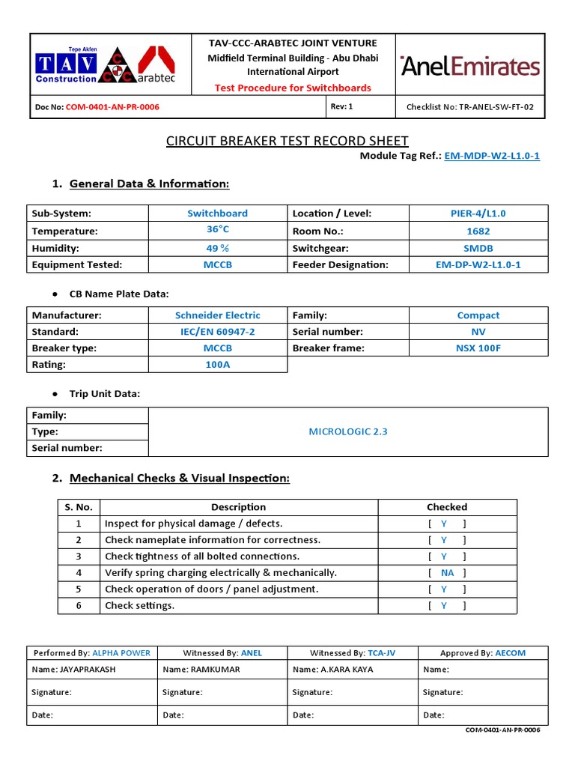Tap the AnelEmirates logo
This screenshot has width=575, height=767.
470,66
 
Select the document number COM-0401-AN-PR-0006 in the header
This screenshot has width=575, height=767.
112,107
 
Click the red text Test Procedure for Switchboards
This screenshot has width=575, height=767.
293,88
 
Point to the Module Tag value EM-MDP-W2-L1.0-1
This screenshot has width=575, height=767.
492,156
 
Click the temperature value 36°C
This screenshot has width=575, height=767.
218,230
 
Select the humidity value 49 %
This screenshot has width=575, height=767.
218,248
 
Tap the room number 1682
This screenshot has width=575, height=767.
478,231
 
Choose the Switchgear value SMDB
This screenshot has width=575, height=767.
478,248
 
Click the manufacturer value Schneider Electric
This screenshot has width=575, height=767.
218,315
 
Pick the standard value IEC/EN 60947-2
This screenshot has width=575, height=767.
218,332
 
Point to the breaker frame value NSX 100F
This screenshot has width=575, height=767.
478,348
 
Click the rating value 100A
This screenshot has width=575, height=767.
218,365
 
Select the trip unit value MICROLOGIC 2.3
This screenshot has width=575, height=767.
348,431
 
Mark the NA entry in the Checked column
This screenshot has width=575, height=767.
448,573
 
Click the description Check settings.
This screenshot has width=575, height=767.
139,605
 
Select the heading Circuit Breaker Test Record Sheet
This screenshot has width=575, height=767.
287,141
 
